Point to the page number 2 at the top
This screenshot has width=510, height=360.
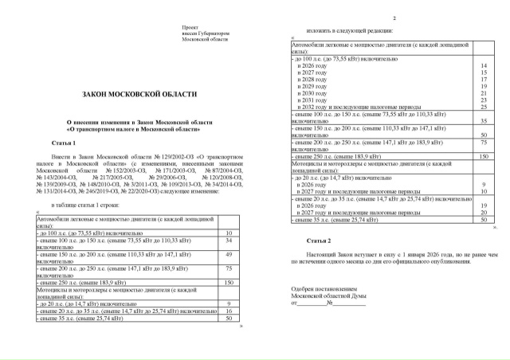point(394,18)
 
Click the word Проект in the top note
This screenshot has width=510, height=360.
point(191,27)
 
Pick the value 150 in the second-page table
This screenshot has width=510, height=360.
point(483,157)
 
